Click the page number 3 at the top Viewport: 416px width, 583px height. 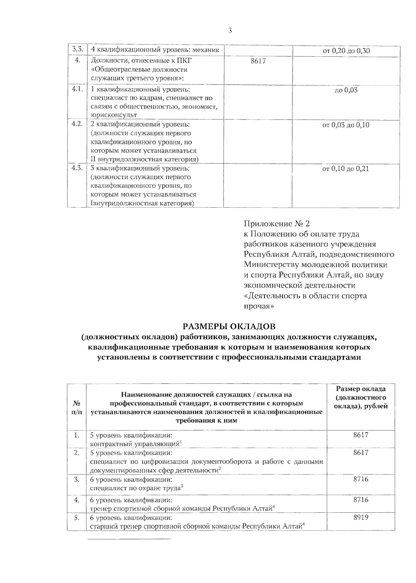click(229, 31)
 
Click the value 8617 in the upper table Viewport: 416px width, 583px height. click(258, 61)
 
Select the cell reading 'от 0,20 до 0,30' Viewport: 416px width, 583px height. click(346, 51)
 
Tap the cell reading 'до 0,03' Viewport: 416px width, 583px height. click(346, 90)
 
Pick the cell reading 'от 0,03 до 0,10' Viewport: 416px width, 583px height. click(346, 125)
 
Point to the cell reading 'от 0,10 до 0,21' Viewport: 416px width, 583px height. click(346, 169)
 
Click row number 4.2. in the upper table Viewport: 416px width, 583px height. click(77, 124)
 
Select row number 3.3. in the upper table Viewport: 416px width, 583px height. click(77, 49)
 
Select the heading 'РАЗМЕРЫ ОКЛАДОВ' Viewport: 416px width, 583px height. click(229, 326)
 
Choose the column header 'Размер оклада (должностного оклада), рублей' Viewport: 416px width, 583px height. click(361, 397)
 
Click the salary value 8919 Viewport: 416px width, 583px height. click(361, 517)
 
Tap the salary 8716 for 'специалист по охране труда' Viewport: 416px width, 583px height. click(361, 479)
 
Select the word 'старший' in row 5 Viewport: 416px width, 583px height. click(101, 526)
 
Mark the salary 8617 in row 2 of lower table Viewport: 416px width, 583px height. click(361, 453)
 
